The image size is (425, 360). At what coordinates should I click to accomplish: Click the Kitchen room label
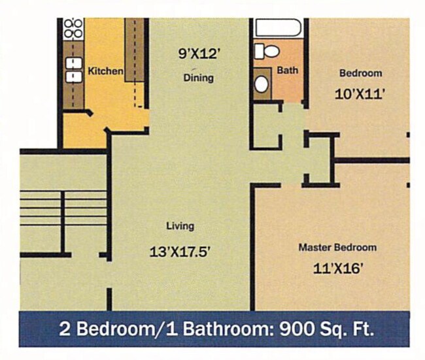pyautogui.click(x=106, y=71)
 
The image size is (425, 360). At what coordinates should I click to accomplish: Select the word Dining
pyautogui.click(x=198, y=78)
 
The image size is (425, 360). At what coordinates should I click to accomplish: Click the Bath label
pyautogui.click(x=288, y=70)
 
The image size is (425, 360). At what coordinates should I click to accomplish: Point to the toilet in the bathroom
pyautogui.click(x=267, y=50)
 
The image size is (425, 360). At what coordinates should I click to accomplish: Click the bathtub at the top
pyautogui.click(x=278, y=28)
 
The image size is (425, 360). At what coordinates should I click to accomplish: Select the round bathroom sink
pyautogui.click(x=262, y=83)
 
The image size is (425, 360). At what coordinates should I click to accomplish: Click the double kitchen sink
pyautogui.click(x=73, y=69)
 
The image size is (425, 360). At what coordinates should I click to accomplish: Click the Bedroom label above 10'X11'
pyautogui.click(x=360, y=73)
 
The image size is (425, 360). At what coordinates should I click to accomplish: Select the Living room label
pyautogui.click(x=180, y=226)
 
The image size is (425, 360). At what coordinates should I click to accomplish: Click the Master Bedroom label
pyautogui.click(x=337, y=247)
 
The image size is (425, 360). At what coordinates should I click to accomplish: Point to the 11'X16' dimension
pyautogui.click(x=337, y=268)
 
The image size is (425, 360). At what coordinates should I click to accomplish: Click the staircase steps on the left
pyautogui.click(x=63, y=208)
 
